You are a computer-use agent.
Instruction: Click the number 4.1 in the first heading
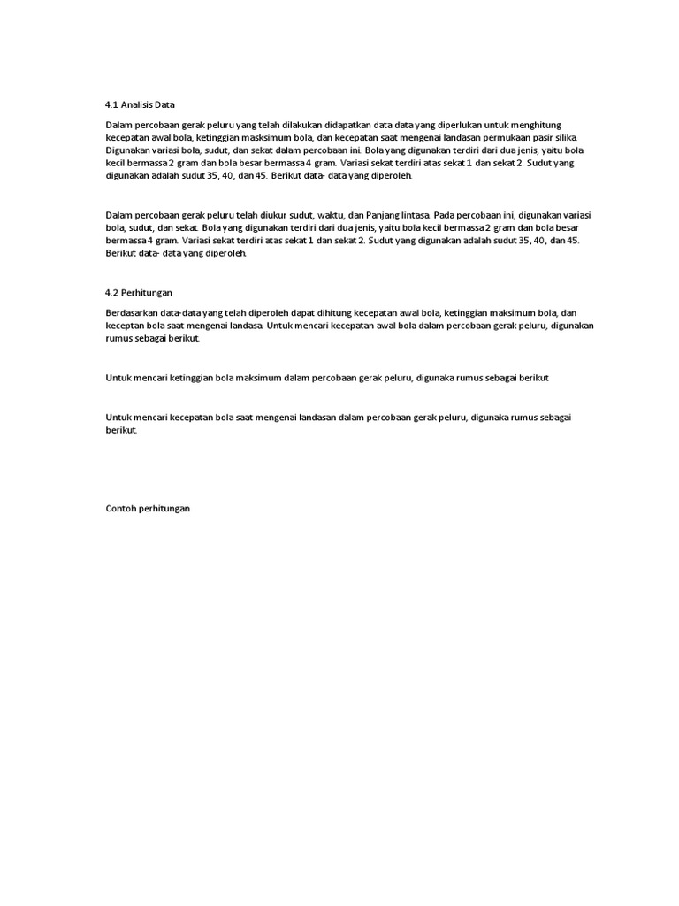coord(111,104)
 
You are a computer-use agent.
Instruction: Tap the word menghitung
coord(538,126)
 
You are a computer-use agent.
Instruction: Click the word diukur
coord(286,215)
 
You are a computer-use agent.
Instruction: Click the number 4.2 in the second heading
coord(111,291)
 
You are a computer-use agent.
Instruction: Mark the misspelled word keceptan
coord(125,326)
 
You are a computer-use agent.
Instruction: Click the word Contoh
coord(121,510)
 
